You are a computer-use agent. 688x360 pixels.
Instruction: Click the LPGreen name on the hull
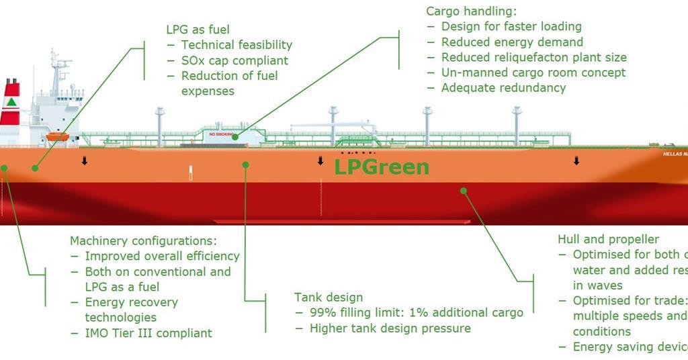tap(382, 167)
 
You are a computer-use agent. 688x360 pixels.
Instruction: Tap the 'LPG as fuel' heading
tap(198, 30)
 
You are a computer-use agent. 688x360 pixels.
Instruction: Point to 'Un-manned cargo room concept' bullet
tap(533, 73)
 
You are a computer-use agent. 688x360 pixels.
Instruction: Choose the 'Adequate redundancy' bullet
tap(503, 88)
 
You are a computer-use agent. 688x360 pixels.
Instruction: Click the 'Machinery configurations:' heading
tap(143, 240)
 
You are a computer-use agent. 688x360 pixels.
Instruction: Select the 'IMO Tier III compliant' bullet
tap(148, 332)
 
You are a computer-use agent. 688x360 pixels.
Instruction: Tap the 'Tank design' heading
tap(329, 298)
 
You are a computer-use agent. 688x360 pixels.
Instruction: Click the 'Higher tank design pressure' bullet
tap(390, 328)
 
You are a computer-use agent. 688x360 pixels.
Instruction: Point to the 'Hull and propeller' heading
tap(608, 239)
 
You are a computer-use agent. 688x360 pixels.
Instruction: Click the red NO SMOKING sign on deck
tap(221, 134)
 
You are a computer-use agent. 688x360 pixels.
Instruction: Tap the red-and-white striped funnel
tap(10, 103)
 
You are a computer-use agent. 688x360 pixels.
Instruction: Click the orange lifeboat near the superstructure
tap(58, 136)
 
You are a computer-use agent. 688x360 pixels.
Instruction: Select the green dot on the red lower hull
tap(463, 191)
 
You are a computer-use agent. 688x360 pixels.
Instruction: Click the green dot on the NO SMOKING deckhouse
tap(235, 137)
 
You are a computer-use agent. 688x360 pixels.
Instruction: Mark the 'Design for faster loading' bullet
tap(511, 27)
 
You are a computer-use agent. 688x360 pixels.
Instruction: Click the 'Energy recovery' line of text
tap(131, 302)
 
